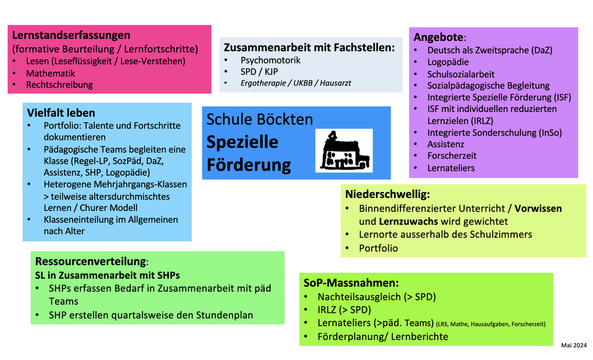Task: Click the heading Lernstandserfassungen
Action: [x=71, y=35]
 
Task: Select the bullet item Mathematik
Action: [x=50, y=73]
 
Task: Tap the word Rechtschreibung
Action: [x=59, y=85]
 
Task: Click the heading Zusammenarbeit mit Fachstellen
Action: [x=309, y=48]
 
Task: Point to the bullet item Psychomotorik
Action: [x=270, y=60]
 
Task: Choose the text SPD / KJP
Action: [x=259, y=72]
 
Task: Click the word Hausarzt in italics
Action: [x=336, y=83]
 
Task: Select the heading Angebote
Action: [x=438, y=37]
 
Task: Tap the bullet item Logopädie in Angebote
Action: [x=448, y=62]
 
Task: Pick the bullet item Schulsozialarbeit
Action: [x=460, y=74]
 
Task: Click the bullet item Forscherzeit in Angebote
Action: [x=452, y=156]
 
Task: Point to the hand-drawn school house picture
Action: [x=344, y=150]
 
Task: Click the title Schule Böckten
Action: [x=260, y=120]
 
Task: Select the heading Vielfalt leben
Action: [x=61, y=112]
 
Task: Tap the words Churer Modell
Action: [x=109, y=208]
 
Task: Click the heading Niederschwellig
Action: [x=387, y=194]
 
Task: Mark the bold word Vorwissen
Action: [x=538, y=208]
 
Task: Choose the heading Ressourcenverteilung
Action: [x=90, y=262]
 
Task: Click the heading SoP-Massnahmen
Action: [x=351, y=283]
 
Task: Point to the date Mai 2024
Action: [x=573, y=345]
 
